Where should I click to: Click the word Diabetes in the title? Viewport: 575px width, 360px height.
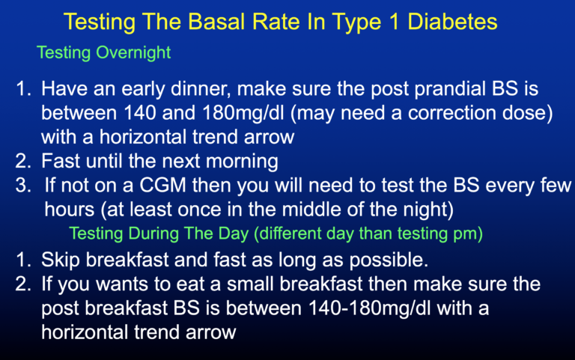click(x=452, y=21)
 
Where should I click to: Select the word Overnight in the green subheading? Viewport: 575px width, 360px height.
click(x=133, y=53)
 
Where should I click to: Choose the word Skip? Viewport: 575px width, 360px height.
click(x=61, y=260)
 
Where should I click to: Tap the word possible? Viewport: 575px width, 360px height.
click(x=389, y=260)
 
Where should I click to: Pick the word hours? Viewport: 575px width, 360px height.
click(x=70, y=210)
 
